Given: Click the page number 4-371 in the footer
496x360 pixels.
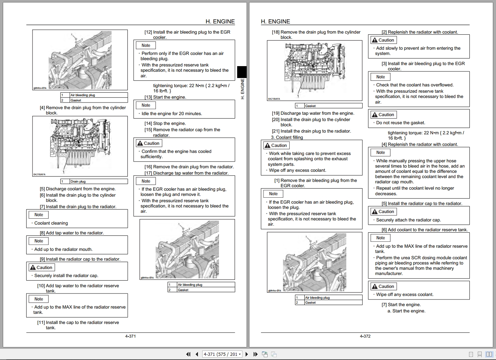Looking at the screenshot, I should [x=130, y=336].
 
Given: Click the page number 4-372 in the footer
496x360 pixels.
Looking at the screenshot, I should [x=365, y=336].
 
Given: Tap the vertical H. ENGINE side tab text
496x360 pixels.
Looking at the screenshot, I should [x=242, y=89].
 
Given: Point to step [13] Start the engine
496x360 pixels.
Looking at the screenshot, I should [x=165, y=97].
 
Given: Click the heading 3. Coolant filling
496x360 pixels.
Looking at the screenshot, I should [x=287, y=137].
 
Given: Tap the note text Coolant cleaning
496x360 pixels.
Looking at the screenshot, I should [x=51, y=223].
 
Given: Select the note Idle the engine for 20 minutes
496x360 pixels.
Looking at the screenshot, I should [x=171, y=114].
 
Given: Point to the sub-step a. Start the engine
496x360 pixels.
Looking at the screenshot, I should [x=406, y=311].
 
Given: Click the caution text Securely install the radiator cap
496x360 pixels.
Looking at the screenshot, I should [x=66, y=276].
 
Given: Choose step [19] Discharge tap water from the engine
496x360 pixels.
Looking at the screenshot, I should [x=313, y=113].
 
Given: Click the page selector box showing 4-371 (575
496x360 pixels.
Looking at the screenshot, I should [x=222, y=354].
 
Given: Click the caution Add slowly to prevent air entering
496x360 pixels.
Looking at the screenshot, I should [x=418, y=51].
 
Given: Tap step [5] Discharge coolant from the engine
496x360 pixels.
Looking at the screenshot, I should [x=77, y=189].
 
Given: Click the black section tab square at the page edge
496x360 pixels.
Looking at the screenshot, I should [x=242, y=72].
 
